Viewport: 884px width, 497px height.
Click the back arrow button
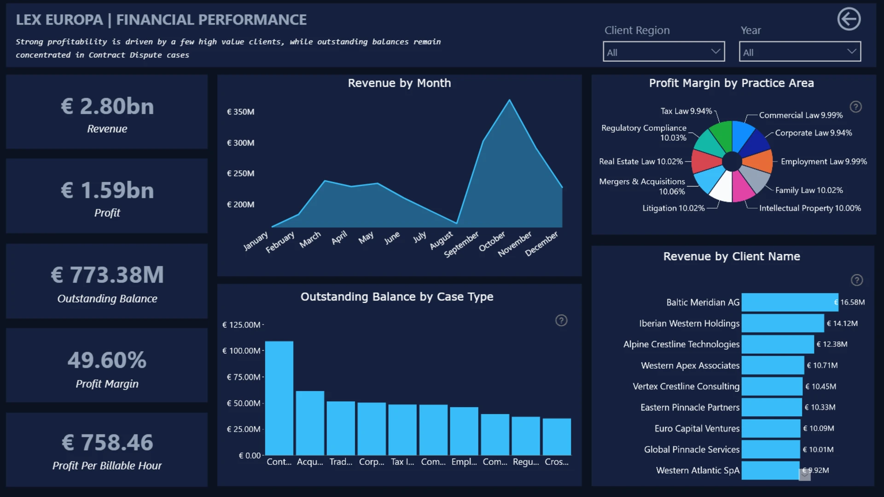(849, 19)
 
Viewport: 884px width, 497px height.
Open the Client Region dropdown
(663, 52)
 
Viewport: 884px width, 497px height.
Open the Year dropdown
(800, 52)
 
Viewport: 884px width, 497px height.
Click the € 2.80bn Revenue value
(107, 106)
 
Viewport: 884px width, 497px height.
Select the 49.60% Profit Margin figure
(107, 360)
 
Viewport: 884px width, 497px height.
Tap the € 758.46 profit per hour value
(107, 442)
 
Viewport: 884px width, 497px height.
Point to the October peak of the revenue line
(509, 100)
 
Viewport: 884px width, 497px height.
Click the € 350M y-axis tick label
(240, 112)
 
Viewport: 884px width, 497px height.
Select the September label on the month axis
(461, 244)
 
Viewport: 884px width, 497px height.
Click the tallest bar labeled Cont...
(279, 398)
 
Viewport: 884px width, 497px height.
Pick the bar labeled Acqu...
(310, 423)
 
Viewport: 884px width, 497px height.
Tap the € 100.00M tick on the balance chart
(241, 351)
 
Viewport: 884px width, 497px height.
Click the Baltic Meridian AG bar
(790, 302)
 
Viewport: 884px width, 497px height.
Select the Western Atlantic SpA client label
(698, 470)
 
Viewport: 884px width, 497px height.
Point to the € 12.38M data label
(832, 344)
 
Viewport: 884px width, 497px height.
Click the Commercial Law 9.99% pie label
(801, 115)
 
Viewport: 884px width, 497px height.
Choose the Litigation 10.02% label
(674, 208)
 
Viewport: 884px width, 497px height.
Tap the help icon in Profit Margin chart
(855, 107)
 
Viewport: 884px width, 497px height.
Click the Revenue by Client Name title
(732, 256)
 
